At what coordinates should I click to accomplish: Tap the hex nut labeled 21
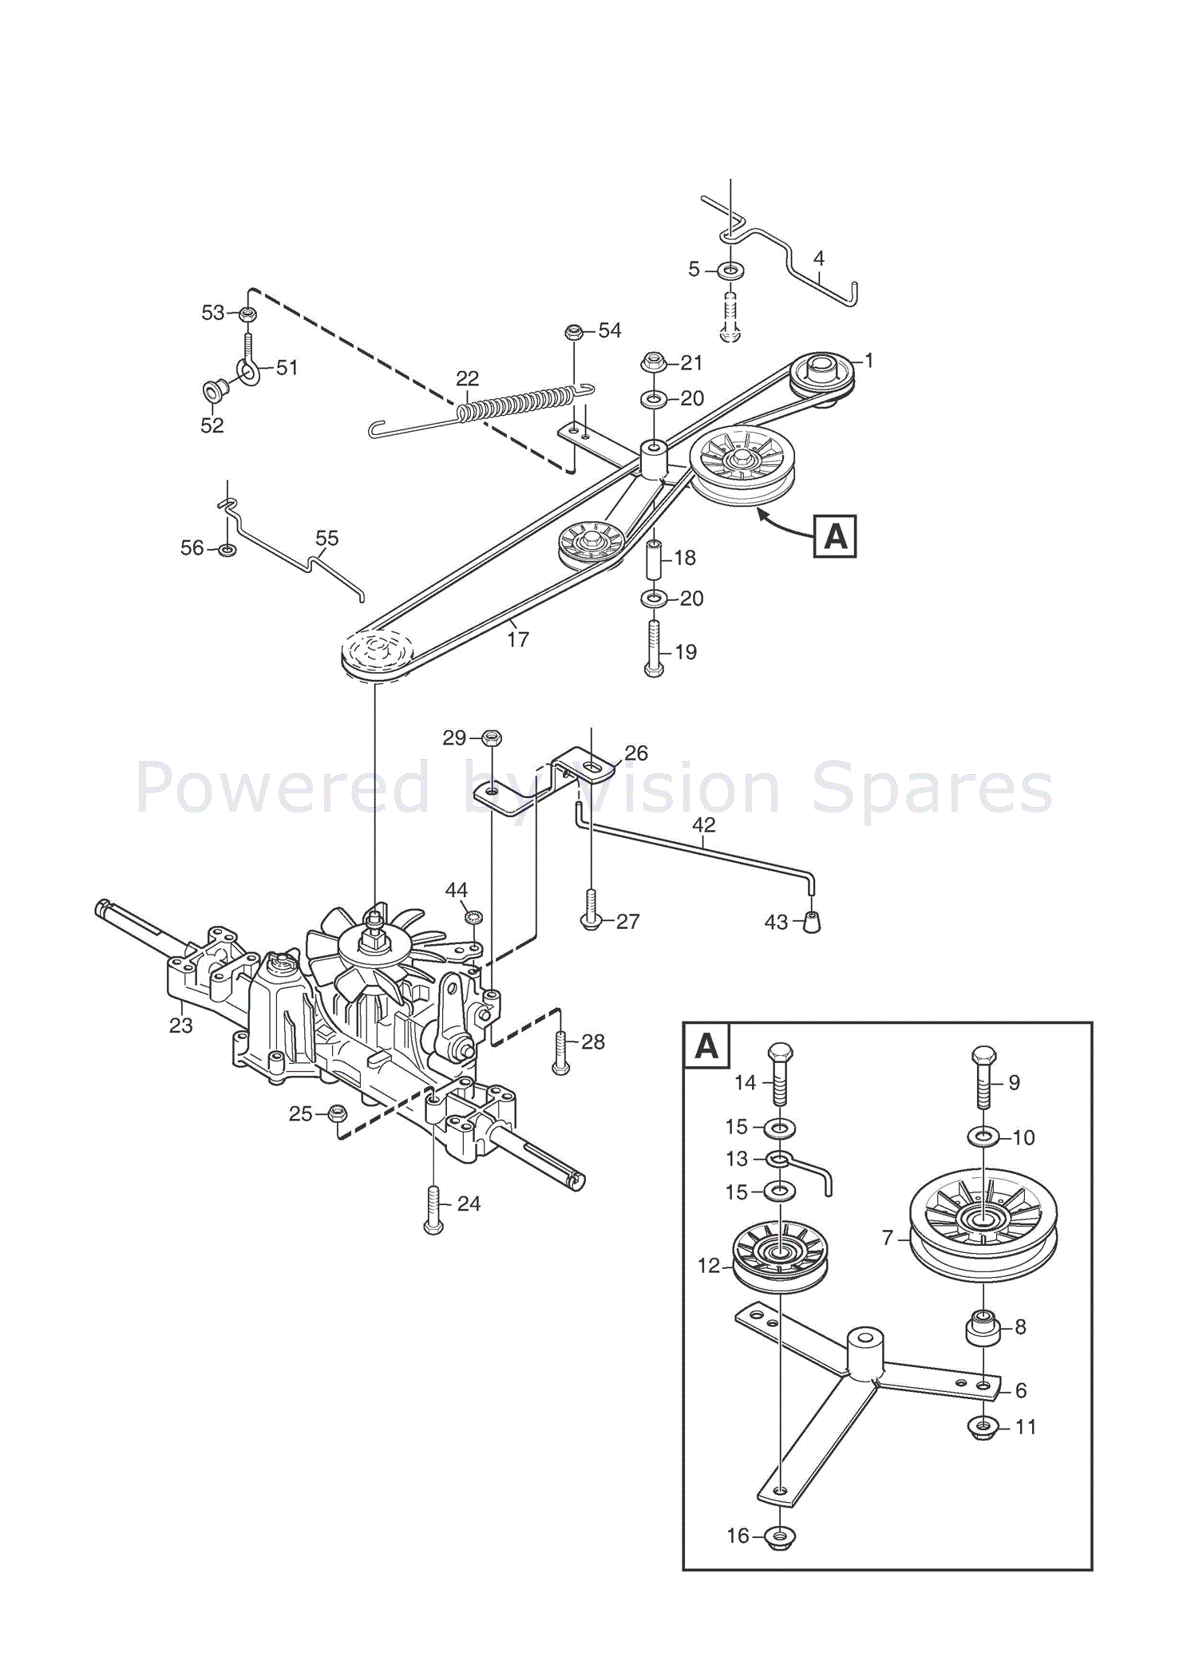point(654,362)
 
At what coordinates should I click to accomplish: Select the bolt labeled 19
point(654,648)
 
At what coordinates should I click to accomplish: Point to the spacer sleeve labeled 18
point(653,559)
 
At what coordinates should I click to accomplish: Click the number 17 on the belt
point(518,639)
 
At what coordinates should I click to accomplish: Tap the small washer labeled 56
point(228,549)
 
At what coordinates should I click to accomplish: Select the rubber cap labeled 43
point(811,922)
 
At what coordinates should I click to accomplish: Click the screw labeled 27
point(591,911)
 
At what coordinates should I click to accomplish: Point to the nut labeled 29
point(492,737)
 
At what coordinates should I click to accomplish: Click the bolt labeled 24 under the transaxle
point(433,1210)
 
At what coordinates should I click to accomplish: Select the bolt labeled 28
point(560,1052)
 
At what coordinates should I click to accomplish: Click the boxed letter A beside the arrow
point(835,536)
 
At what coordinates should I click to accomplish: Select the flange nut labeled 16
point(779,1536)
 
